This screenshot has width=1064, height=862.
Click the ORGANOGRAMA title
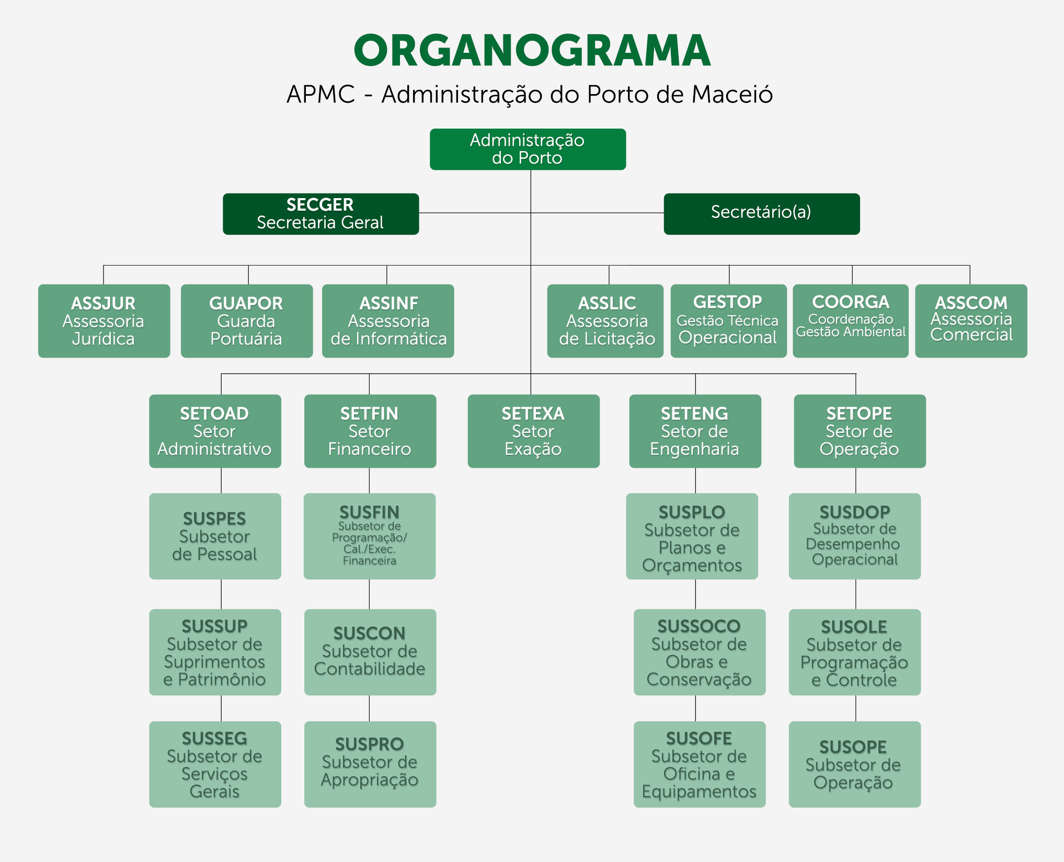532,50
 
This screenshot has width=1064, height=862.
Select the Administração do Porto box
528,149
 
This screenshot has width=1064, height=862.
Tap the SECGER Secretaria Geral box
321,214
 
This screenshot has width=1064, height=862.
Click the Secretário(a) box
762,214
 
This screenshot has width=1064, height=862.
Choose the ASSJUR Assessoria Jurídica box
104,321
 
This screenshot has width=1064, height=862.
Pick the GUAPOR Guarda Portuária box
247,321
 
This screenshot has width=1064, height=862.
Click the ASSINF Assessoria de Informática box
388,321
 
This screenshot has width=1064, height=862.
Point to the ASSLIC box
605,321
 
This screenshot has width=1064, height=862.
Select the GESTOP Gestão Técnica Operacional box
729,321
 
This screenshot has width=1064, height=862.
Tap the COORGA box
851,321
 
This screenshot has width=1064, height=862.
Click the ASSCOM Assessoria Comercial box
971,321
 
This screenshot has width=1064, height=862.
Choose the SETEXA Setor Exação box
534,431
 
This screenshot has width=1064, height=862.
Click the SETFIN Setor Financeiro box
370,431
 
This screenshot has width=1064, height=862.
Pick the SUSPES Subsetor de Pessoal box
215,536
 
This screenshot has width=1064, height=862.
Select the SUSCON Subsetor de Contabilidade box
370,652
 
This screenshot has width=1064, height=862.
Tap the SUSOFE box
700,764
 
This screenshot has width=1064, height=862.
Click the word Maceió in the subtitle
732,95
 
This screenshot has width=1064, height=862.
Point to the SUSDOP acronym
855,512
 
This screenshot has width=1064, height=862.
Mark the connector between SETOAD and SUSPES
221,480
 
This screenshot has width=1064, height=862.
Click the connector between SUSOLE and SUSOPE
856,708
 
